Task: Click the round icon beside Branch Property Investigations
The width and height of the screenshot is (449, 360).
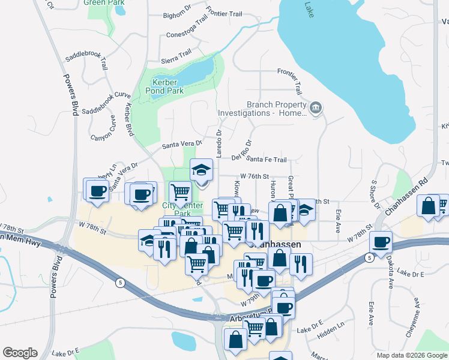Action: point(316,108)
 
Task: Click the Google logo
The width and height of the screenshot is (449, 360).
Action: point(20,353)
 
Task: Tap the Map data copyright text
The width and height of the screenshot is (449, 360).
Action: point(411,355)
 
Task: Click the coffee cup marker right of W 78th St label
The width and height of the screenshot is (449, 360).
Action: point(380,242)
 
